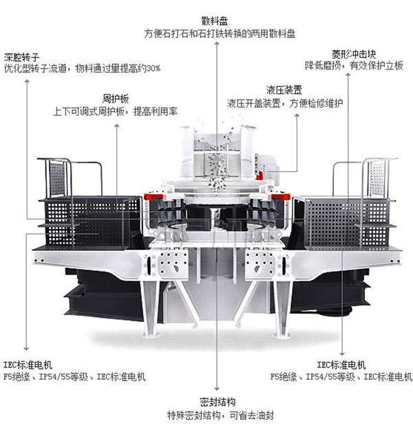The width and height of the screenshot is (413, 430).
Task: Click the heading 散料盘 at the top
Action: (x=215, y=21)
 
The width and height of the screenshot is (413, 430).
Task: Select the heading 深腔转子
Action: (x=21, y=57)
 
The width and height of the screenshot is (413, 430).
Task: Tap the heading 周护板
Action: (x=115, y=98)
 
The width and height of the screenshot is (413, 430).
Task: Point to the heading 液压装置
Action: (x=284, y=90)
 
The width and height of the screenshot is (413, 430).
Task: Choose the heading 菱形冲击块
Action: (x=354, y=54)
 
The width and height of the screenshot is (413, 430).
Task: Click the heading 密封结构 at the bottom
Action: (x=218, y=402)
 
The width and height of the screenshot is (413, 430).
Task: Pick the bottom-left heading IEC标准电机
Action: (x=28, y=365)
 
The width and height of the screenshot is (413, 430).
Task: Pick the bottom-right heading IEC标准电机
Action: (x=341, y=365)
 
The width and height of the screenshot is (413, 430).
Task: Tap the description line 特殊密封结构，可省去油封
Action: (x=221, y=415)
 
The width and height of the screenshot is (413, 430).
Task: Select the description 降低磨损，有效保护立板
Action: (x=354, y=65)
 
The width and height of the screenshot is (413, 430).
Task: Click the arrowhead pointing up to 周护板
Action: (x=117, y=126)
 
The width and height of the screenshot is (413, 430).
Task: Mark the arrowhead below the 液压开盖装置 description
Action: (x=297, y=116)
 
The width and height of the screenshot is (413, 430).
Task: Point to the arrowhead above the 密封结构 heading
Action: (x=217, y=389)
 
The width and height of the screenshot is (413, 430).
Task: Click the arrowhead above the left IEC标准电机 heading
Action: (x=26, y=349)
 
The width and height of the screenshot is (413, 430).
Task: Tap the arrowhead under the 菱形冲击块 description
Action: (x=348, y=74)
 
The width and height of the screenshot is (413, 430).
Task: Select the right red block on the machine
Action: (x=281, y=196)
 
